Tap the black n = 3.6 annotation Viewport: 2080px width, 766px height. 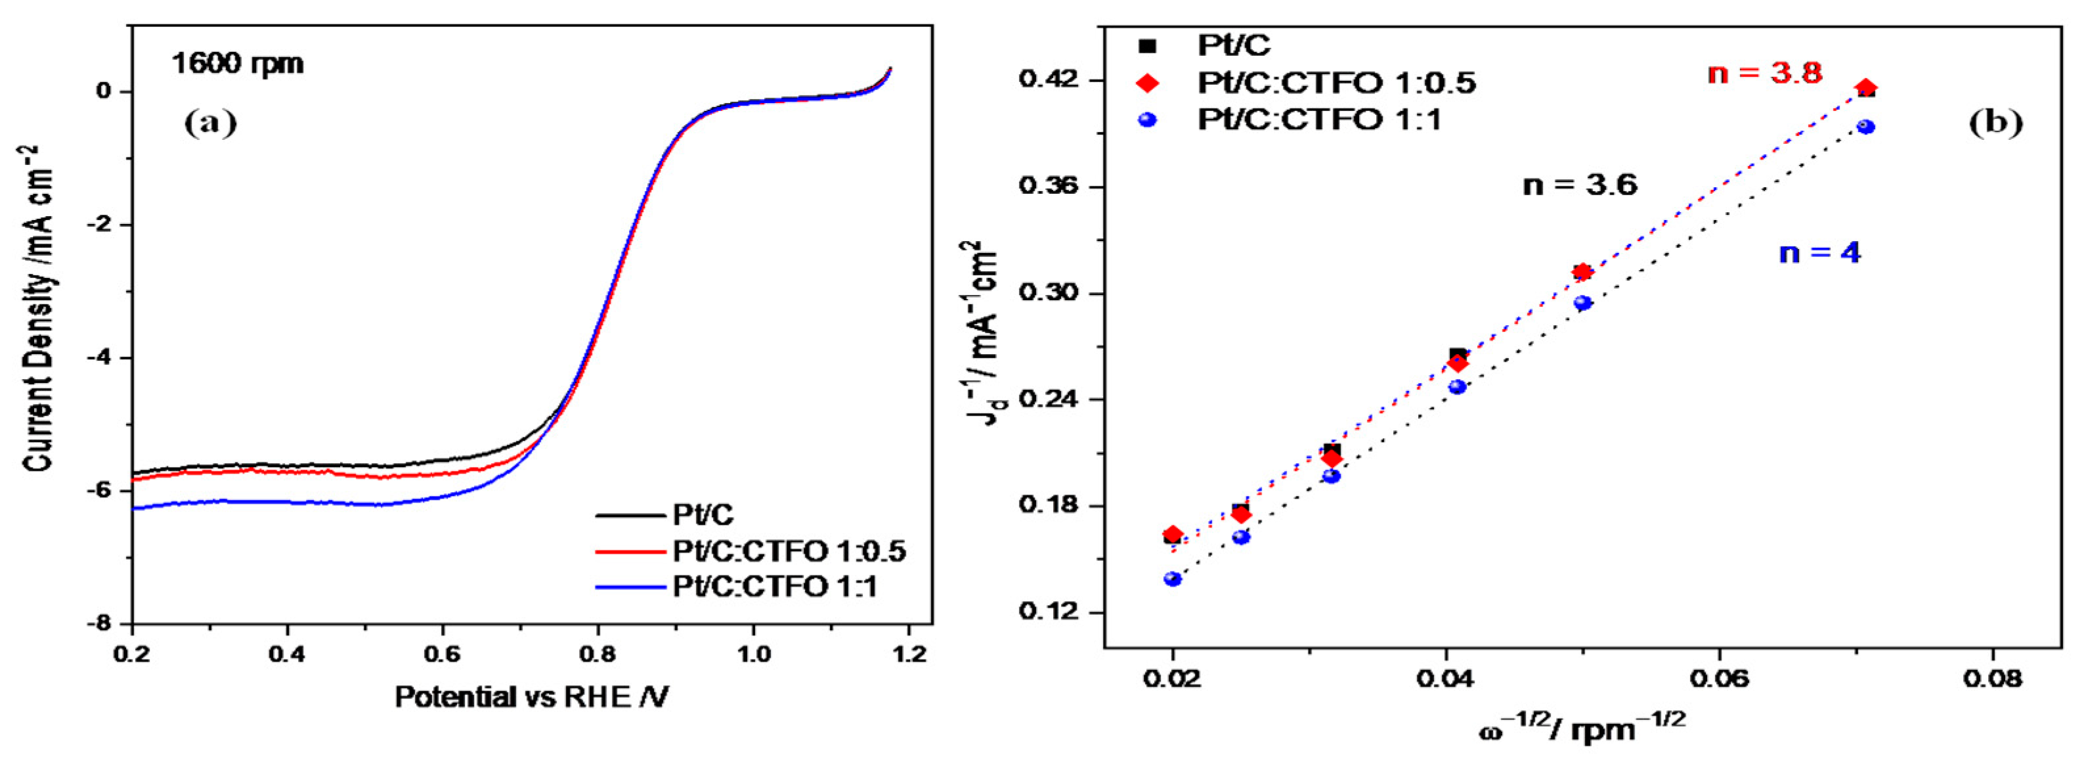1580,185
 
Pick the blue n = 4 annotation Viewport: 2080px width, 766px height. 1820,253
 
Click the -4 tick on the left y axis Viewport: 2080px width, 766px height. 102,358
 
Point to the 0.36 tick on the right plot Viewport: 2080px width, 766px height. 1050,187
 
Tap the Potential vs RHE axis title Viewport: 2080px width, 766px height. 531,696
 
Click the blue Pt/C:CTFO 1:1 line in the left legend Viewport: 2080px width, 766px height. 630,587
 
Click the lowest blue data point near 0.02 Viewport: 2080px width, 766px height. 1173,579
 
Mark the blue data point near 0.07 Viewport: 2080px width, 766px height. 1866,127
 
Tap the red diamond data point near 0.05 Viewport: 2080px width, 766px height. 1582,271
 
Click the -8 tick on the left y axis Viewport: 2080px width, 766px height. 102,624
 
